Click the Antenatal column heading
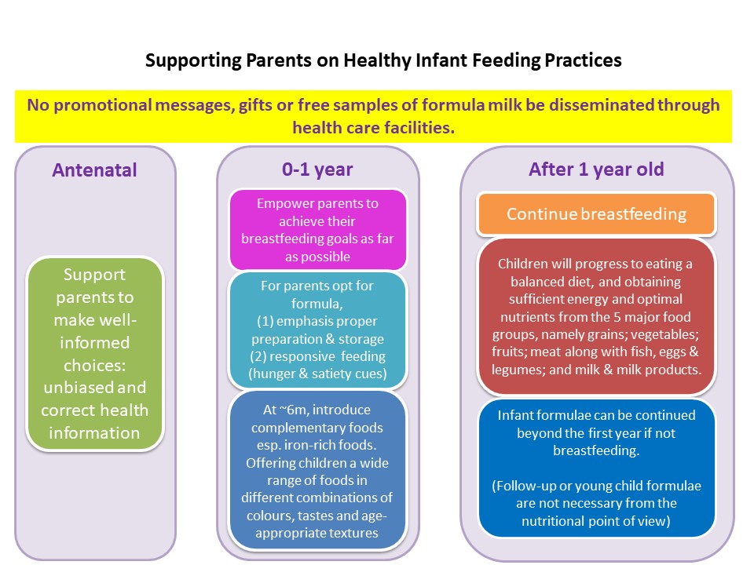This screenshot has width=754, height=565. tap(94, 170)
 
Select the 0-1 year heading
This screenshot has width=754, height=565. tap(317, 169)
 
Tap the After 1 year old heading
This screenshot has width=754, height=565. tap(596, 169)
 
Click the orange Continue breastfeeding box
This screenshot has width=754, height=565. tap(597, 214)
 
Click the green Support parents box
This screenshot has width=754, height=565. tap(95, 354)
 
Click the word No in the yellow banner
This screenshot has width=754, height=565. tap(38, 105)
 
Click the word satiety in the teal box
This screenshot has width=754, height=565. tap(335, 374)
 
